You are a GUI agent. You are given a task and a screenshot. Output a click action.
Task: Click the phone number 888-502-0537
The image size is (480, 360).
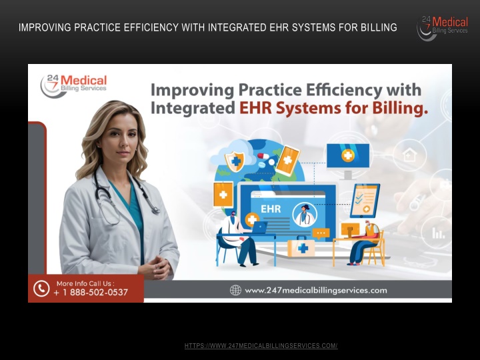(x=99, y=293)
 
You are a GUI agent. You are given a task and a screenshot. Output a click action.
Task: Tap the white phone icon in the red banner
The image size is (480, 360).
(x=41, y=289)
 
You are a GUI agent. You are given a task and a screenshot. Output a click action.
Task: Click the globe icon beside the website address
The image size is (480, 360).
(x=235, y=290)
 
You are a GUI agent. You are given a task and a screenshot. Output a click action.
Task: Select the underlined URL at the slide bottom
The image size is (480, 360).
(x=261, y=346)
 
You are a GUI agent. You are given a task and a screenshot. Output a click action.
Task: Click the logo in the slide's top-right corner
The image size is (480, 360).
(x=443, y=27)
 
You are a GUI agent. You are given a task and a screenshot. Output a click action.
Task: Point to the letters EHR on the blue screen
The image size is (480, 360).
(x=271, y=209)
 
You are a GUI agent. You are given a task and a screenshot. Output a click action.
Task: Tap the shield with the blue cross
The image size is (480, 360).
(x=235, y=161)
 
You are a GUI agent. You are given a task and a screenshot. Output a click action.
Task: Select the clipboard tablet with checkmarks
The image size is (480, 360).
(x=365, y=201)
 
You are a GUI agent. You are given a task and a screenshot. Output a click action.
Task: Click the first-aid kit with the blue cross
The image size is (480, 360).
(x=301, y=247)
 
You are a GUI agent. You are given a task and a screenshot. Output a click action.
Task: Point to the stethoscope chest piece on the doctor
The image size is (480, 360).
(x=155, y=210)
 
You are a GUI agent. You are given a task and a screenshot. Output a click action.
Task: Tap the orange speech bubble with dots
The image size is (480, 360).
(x=321, y=233)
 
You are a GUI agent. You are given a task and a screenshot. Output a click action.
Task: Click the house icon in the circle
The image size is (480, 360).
(x=409, y=155)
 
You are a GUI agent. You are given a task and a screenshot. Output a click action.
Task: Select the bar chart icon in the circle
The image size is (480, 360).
(x=438, y=233)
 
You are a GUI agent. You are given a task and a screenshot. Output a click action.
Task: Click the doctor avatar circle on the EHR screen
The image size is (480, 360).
(x=305, y=214)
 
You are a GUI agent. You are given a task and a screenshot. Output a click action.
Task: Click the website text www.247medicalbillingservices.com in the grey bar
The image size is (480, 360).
(x=316, y=291)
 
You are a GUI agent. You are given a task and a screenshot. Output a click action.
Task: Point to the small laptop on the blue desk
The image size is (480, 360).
(x=259, y=227)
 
